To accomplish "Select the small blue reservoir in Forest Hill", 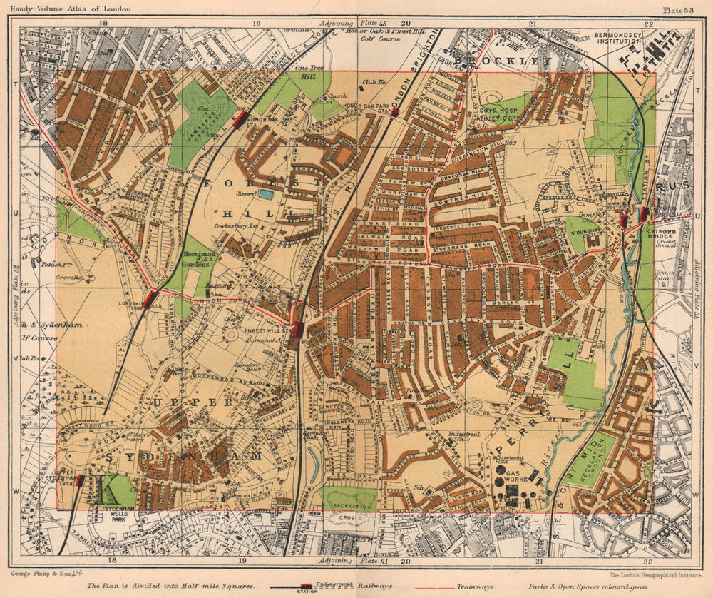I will (265, 193).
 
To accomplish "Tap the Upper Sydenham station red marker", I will (79, 480).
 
